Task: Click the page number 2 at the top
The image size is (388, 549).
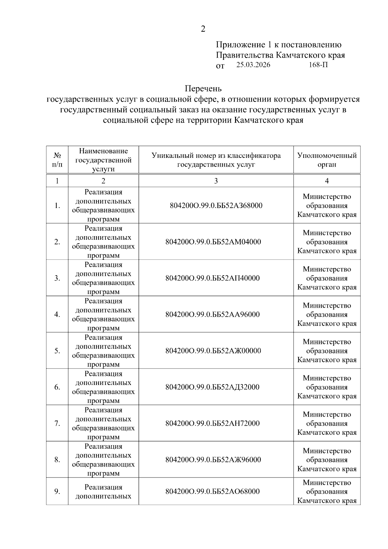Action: pyautogui.click(x=203, y=29)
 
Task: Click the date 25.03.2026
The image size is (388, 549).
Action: pyautogui.click(x=253, y=65)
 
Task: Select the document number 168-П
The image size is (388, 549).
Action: pyautogui.click(x=318, y=65)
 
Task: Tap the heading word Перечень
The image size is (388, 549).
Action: pyautogui.click(x=203, y=88)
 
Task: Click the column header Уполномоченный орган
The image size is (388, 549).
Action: pyautogui.click(x=327, y=160)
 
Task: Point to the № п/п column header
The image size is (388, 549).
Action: pyautogui.click(x=57, y=160)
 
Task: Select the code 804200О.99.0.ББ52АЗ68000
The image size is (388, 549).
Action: pyautogui.click(x=216, y=205)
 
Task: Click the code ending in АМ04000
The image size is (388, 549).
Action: pyautogui.click(x=213, y=242)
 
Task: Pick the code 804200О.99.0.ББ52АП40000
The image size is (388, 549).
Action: pyautogui.click(x=212, y=278)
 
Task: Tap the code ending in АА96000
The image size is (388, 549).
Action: pyautogui.click(x=212, y=314)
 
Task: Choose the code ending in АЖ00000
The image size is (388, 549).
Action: pyautogui.click(x=213, y=351)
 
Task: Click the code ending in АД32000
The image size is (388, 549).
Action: pyautogui.click(x=212, y=387)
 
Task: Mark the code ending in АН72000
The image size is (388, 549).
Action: pyautogui.click(x=212, y=423)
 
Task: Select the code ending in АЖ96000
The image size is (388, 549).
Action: pyautogui.click(x=213, y=459)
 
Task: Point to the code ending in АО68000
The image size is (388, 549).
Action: pyautogui.click(x=212, y=491)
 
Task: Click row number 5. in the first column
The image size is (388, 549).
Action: pyautogui.click(x=57, y=351)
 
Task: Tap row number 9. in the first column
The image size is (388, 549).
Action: pyautogui.click(x=57, y=491)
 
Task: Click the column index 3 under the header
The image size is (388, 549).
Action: pyautogui.click(x=216, y=181)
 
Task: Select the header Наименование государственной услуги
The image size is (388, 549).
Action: pyautogui.click(x=103, y=160)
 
